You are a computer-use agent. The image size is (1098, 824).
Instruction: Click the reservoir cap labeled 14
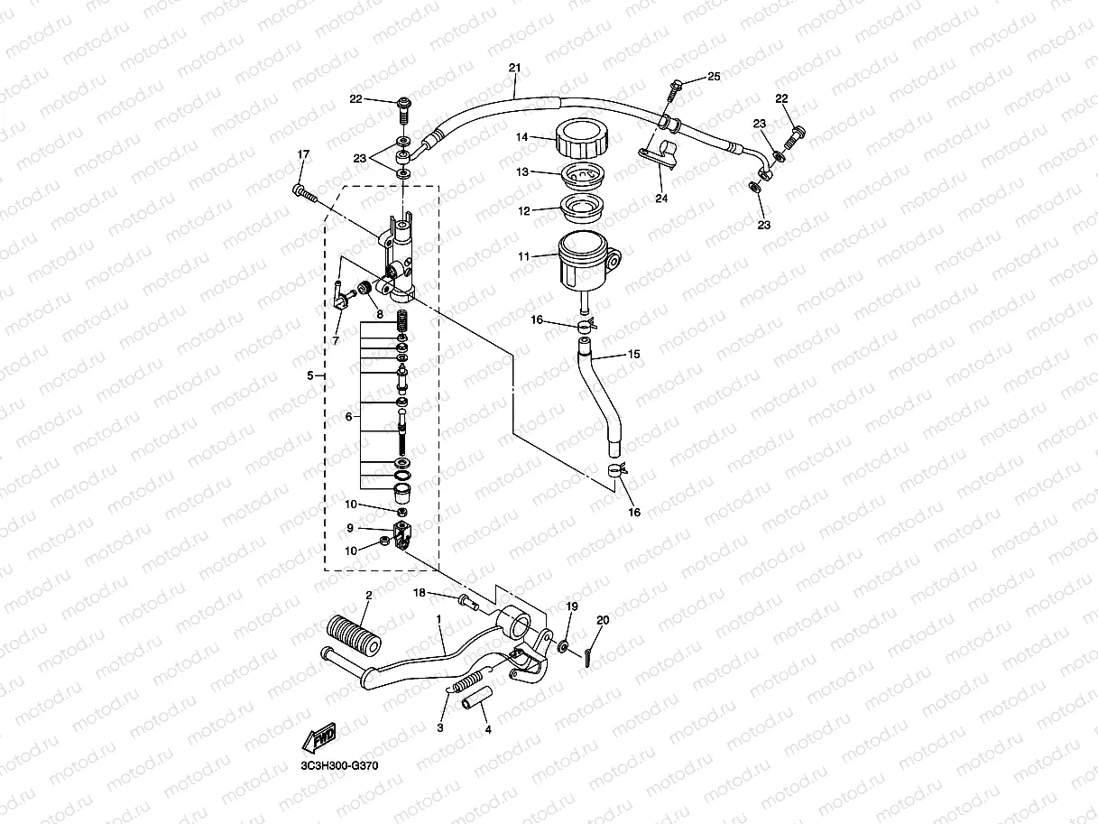click(x=582, y=138)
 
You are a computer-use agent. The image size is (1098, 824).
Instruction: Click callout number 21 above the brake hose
click(x=515, y=68)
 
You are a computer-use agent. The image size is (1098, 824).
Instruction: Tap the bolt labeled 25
click(x=675, y=89)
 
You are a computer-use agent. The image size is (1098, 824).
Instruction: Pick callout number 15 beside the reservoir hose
click(x=634, y=356)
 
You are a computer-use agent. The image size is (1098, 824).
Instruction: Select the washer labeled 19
click(x=562, y=646)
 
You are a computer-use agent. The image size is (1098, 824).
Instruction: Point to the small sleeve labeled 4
click(x=475, y=698)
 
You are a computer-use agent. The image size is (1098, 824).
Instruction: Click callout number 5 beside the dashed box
click(x=310, y=375)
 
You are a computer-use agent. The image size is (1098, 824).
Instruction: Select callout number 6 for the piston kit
click(x=349, y=416)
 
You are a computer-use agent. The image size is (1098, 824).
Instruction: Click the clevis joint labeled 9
click(x=402, y=533)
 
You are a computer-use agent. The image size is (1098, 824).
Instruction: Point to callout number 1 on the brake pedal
click(x=438, y=620)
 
